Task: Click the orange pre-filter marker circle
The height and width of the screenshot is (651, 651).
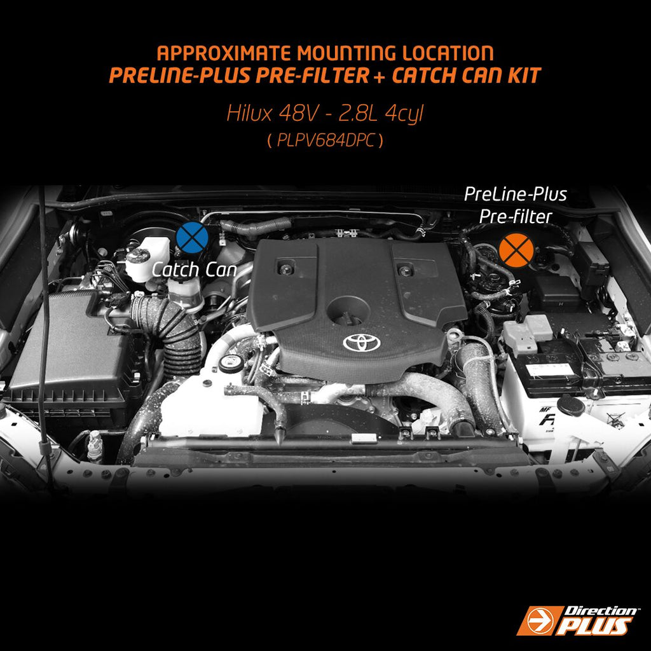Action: (x=516, y=249)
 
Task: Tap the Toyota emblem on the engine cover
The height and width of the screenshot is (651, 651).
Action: (x=361, y=341)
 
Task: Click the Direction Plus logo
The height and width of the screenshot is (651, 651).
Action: (x=577, y=620)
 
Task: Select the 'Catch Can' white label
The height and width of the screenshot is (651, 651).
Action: (x=194, y=270)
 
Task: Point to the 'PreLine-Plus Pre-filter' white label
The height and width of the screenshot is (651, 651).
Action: (x=515, y=205)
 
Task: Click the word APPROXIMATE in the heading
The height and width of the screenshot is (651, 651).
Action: (x=224, y=53)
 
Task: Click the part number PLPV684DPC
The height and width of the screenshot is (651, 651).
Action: (x=325, y=141)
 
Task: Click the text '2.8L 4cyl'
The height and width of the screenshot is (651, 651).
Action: (x=381, y=113)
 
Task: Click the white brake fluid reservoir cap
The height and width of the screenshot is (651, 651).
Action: (x=138, y=256)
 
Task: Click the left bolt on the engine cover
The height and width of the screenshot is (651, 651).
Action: (x=285, y=269)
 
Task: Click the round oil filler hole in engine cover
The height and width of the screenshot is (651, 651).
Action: (x=348, y=311)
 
